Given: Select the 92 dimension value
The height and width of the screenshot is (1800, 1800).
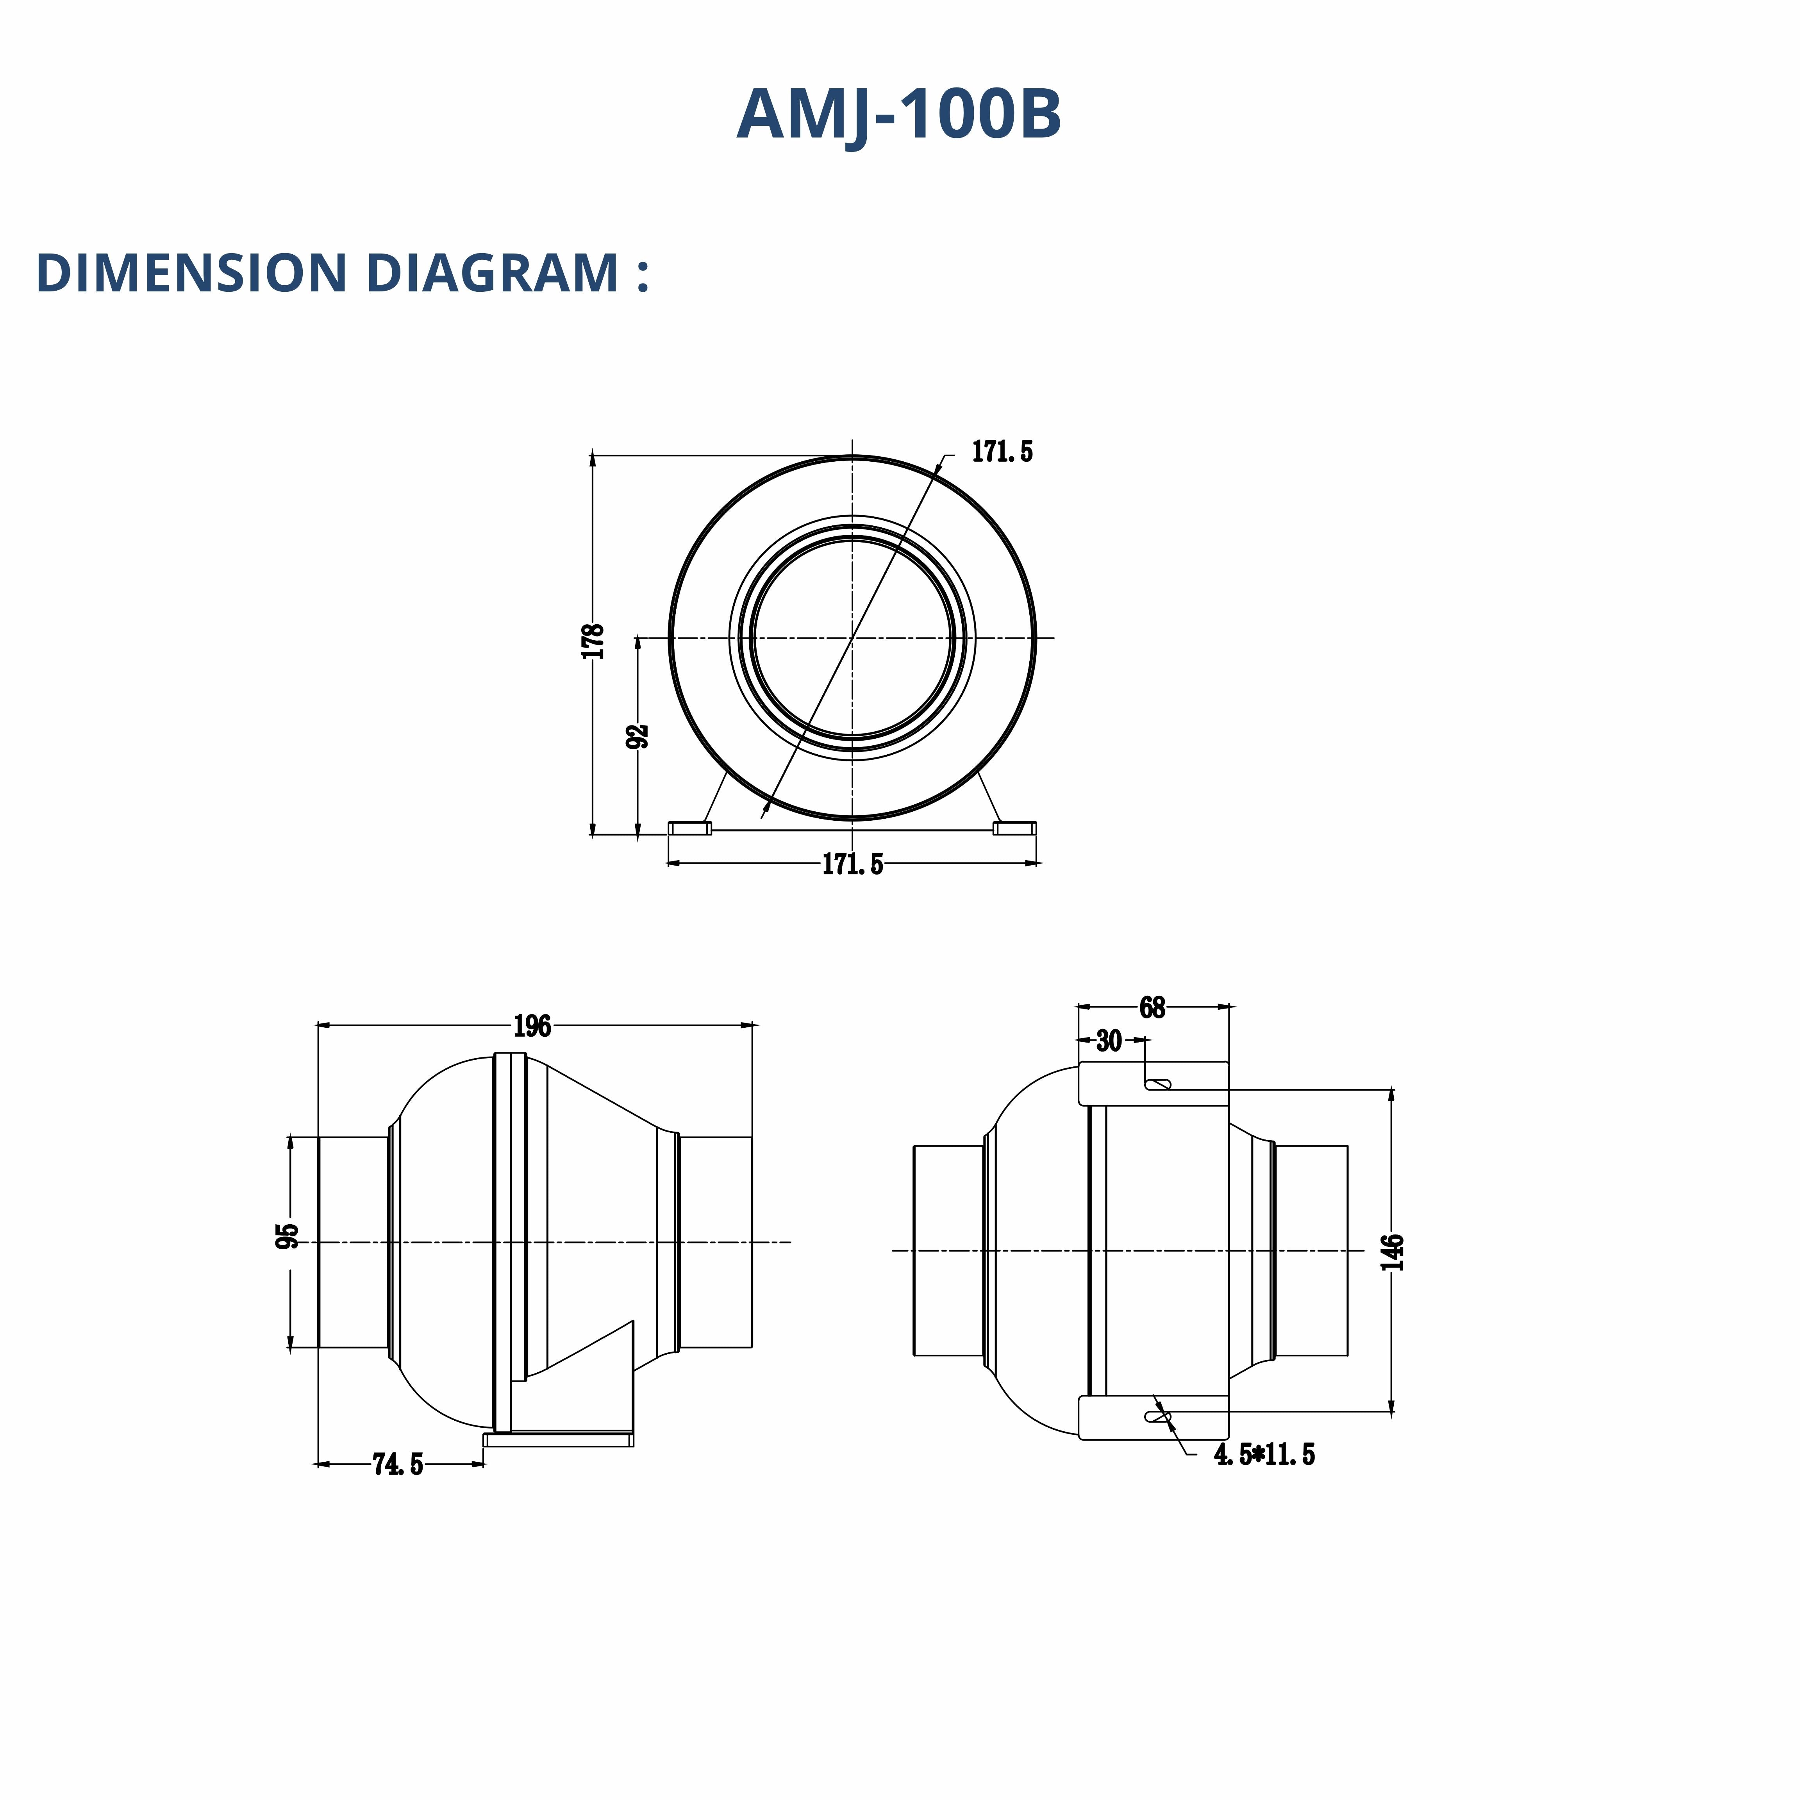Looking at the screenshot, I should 638,736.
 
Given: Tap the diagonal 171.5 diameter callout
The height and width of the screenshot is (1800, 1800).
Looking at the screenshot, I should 1002,452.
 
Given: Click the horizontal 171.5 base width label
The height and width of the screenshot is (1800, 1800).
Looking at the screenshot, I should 852,864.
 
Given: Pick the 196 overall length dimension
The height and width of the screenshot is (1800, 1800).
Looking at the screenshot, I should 532,1026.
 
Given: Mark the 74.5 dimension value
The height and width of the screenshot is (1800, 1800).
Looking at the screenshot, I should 398,1464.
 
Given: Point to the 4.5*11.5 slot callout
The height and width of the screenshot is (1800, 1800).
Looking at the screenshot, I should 1264,1454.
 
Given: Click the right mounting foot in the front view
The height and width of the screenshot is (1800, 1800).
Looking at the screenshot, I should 1014,828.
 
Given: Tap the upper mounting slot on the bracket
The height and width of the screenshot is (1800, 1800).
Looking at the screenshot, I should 1158,1084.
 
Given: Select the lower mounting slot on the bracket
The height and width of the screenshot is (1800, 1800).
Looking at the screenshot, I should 1158,1417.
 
